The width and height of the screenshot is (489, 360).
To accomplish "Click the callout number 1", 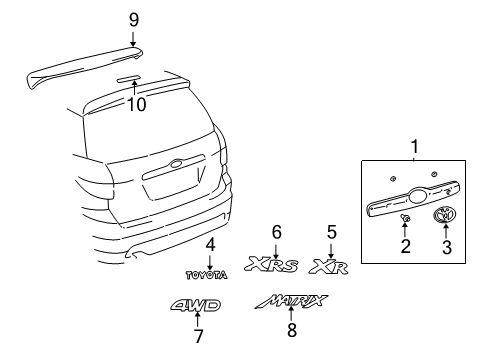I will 414,147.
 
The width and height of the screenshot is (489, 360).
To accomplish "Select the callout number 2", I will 406,245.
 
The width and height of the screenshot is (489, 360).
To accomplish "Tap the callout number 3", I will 446,245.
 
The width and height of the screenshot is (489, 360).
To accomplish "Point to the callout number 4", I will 210,244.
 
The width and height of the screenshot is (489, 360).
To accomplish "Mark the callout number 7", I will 198,336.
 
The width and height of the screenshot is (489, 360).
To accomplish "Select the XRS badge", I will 274,266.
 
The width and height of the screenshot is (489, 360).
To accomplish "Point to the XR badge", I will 330,266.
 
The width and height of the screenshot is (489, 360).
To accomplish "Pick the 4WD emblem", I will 196,306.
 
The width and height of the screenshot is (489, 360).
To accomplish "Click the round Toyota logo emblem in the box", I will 446,215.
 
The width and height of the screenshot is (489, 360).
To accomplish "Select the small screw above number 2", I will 406,217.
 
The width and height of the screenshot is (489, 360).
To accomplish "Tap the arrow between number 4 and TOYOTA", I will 210,259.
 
